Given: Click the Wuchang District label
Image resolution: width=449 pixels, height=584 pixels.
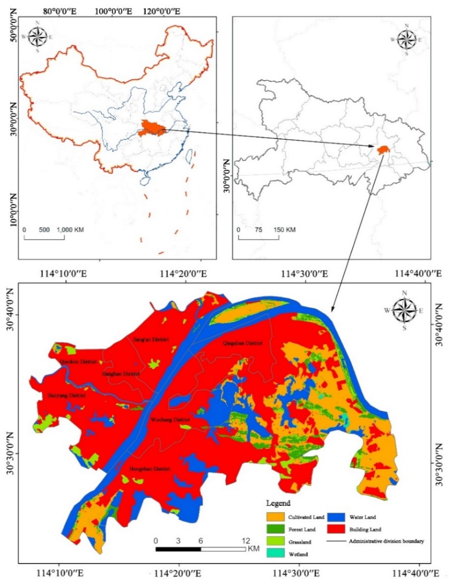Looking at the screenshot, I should pyautogui.click(x=170, y=420).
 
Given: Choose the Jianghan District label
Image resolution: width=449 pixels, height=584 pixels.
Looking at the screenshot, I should pyautogui.click(x=121, y=374).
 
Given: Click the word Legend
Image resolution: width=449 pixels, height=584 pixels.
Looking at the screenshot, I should pyautogui.click(x=278, y=503).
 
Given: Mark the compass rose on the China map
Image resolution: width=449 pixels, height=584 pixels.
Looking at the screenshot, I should pyautogui.click(x=38, y=37).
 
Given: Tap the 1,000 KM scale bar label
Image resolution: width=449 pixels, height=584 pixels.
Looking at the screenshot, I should pyautogui.click(x=70, y=229).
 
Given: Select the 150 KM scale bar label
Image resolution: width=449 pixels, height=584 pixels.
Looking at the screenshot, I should pyautogui.click(x=284, y=229).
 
